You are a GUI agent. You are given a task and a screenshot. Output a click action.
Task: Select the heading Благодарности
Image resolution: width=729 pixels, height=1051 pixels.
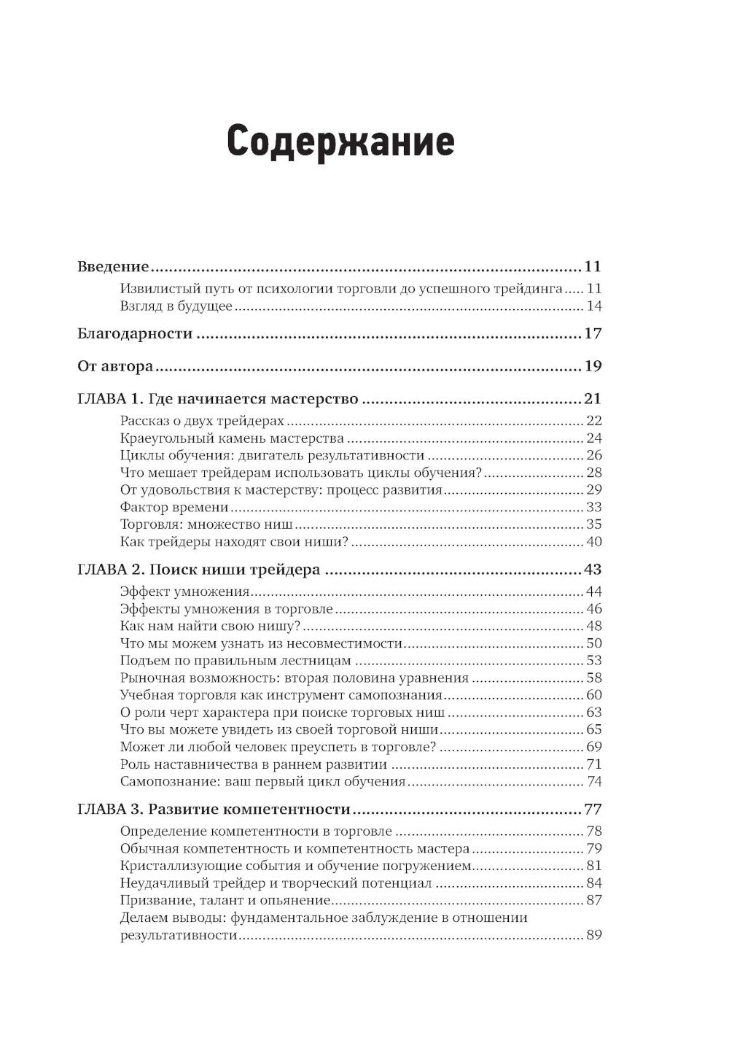click(135, 334)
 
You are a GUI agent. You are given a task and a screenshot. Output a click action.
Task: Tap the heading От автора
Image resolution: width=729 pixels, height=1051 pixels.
click(115, 366)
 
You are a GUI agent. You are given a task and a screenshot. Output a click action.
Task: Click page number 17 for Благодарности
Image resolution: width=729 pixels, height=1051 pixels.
click(593, 334)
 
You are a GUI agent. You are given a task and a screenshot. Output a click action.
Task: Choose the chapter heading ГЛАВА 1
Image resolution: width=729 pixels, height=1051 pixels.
click(218, 399)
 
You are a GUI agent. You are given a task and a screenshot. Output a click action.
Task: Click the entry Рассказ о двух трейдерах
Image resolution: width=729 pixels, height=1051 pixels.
click(202, 421)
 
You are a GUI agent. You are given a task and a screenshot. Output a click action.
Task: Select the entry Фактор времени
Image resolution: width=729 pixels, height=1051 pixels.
click(174, 507)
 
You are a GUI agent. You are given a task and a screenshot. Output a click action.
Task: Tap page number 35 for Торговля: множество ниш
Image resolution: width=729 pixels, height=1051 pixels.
click(593, 524)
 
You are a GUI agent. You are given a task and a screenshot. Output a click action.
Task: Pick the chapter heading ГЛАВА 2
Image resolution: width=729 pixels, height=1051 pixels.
click(198, 570)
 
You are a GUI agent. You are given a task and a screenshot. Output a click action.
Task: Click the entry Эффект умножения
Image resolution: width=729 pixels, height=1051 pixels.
click(185, 592)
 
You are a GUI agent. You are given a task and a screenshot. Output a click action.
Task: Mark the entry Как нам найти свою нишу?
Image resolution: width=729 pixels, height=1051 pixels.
click(210, 626)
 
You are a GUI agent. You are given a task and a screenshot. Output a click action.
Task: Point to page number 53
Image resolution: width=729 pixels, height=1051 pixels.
click(593, 661)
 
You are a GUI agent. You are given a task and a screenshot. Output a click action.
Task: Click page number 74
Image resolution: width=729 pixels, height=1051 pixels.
click(593, 782)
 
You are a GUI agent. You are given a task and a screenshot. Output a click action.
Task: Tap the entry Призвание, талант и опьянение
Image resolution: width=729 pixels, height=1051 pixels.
click(226, 901)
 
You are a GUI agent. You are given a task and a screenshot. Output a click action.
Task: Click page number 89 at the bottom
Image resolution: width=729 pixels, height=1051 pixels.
click(593, 936)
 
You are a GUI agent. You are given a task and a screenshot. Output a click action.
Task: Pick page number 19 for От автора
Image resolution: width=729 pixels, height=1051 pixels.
click(593, 366)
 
